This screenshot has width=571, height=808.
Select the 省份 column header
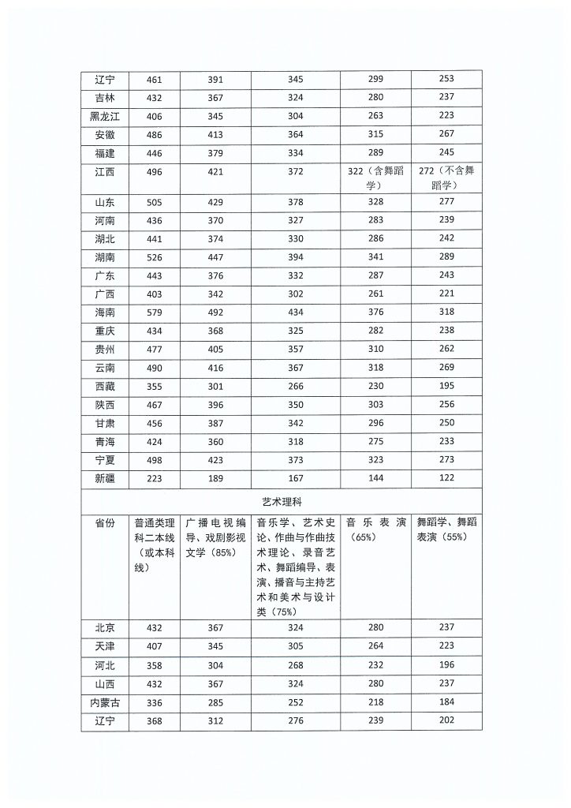104,522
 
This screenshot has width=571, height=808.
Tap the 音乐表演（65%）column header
375,529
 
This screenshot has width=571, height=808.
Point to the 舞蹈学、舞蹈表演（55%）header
446,529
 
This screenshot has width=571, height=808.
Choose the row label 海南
104,312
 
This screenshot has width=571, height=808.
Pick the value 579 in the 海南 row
155,312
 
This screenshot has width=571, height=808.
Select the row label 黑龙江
104,115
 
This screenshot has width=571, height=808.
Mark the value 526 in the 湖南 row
155,256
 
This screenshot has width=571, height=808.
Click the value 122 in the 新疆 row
446,480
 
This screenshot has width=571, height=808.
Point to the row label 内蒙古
104,701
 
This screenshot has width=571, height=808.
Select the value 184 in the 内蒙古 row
446,701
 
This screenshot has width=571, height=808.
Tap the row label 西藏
104,387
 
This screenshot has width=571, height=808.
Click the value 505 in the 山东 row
155,201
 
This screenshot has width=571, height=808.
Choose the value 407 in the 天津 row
155,645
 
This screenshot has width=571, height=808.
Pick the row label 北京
104,627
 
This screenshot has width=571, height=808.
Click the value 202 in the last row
446,720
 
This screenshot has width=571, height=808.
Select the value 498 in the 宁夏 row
155,461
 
